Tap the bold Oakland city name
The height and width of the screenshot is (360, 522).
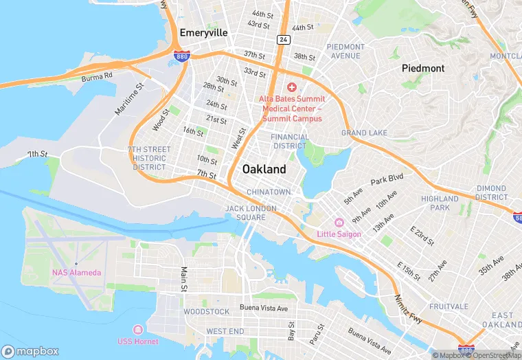click(264, 169)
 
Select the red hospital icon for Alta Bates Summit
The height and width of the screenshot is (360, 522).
click(291, 87)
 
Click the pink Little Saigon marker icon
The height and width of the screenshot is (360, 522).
click(339, 223)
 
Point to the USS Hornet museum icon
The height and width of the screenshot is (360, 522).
click(137, 330)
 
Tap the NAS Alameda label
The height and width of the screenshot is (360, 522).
click(76, 273)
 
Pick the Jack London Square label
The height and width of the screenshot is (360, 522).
click(251, 213)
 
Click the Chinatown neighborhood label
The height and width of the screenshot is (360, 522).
click(269, 192)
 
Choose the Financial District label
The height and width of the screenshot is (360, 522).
click(290, 142)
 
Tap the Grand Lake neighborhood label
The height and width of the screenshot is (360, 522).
click(364, 133)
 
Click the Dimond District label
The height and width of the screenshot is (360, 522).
click(491, 192)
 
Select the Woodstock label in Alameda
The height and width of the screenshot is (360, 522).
click(206, 312)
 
